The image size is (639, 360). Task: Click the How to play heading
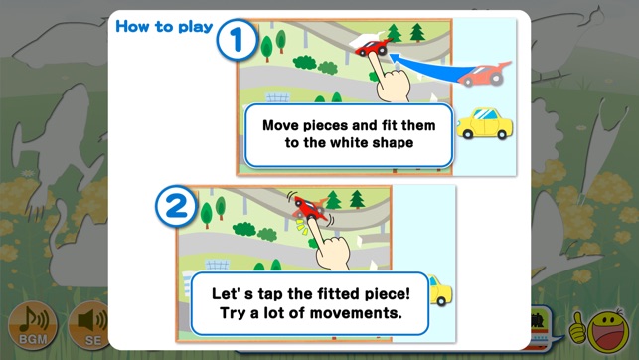[164, 27]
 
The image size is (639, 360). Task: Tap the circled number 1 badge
[237, 40]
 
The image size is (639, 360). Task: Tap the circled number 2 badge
[176, 206]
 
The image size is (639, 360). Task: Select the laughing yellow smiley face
[608, 332]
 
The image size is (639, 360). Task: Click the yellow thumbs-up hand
[577, 327]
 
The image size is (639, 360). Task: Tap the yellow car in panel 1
[485, 123]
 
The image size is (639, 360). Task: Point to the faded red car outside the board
[484, 74]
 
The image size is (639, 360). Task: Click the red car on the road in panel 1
[373, 47]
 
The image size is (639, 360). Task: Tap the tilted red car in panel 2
[311, 207]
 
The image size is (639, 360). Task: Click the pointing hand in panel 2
[329, 245]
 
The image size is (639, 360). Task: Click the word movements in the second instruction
[358, 313]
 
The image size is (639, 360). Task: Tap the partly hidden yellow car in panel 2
[440, 289]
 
